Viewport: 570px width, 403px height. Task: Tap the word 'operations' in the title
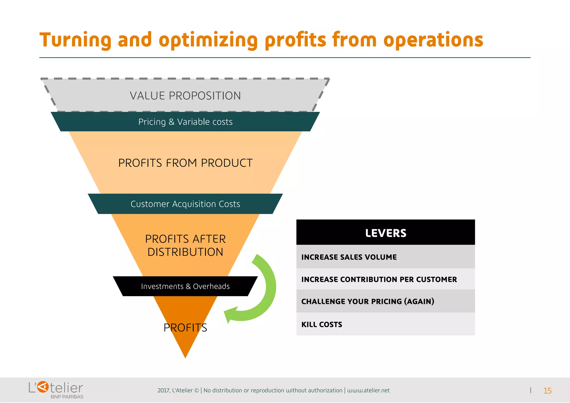pyautogui.click(x=433, y=40)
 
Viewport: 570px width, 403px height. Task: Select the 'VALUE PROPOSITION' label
pyautogui.click(x=185, y=96)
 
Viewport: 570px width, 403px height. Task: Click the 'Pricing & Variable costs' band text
pyautogui.click(x=185, y=122)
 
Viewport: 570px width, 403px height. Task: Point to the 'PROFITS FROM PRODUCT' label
pyautogui.click(x=185, y=163)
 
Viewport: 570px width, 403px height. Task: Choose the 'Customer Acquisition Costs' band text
pyautogui.click(x=185, y=204)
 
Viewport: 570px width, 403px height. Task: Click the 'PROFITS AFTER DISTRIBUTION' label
pyautogui.click(x=185, y=245)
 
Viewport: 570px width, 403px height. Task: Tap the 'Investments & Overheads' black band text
pyautogui.click(x=185, y=286)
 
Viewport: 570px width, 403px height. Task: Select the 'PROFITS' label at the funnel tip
pyautogui.click(x=185, y=328)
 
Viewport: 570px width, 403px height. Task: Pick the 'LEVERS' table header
pyautogui.click(x=385, y=233)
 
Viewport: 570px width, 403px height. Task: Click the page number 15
pyautogui.click(x=547, y=391)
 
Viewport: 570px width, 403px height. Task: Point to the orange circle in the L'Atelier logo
pyautogui.click(x=43, y=387)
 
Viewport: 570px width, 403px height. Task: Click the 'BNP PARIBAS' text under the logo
pyautogui.click(x=67, y=397)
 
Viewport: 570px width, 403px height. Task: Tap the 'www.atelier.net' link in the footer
pyautogui.click(x=368, y=390)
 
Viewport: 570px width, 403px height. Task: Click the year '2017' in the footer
pyautogui.click(x=163, y=390)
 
